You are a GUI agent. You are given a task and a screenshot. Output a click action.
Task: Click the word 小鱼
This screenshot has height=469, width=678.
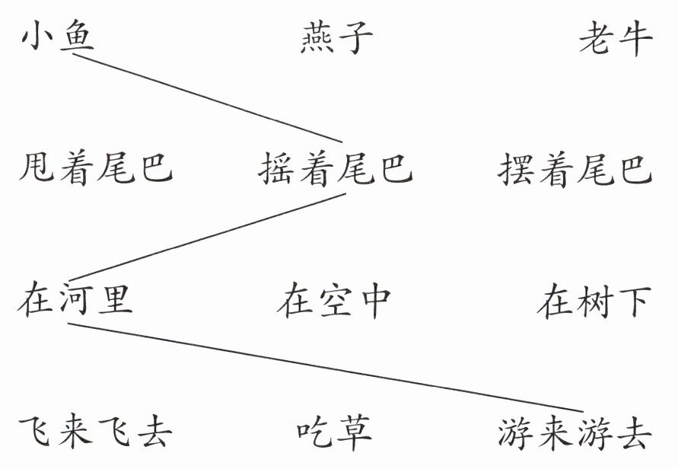point(58,37)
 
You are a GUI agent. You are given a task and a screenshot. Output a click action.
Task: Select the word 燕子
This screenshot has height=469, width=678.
point(337,38)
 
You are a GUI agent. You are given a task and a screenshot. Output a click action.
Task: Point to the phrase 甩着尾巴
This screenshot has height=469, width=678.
point(96,169)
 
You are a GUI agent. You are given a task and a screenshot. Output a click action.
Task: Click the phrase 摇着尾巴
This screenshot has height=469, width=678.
point(336,169)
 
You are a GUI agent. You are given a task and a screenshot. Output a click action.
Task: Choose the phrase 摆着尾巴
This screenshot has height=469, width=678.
point(575,169)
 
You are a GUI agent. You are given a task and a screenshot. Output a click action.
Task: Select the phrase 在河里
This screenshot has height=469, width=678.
point(75,300)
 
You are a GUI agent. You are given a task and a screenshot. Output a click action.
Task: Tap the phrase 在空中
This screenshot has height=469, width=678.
point(334,300)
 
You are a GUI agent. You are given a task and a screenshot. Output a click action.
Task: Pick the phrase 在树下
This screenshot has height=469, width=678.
point(594,300)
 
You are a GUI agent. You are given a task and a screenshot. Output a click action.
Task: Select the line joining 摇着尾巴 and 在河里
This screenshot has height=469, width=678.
point(205,237)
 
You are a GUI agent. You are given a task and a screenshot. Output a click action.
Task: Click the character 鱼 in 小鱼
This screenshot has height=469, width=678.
point(76,37)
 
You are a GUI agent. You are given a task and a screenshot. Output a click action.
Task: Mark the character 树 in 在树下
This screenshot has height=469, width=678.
point(594,300)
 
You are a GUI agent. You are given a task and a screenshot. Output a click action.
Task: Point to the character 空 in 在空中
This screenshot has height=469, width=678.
point(334,300)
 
